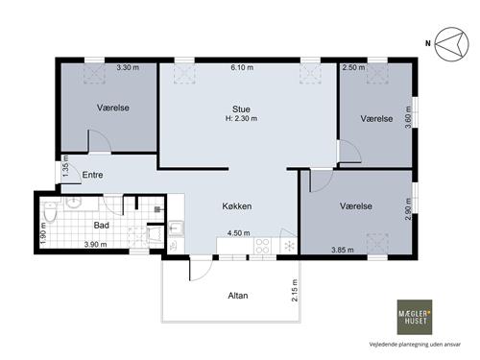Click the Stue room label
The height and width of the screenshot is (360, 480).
coord(241,108)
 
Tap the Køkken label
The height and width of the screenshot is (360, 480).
coord(237,206)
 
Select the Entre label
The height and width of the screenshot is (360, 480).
coord(92,175)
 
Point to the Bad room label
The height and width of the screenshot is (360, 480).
coord(102,226)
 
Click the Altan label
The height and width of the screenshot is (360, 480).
coord(238,296)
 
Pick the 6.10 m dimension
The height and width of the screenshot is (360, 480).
coord(242,67)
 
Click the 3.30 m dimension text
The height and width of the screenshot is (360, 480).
coord(128,67)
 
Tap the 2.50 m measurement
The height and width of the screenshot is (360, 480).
coord(353,67)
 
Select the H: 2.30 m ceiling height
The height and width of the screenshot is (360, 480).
coord(241,118)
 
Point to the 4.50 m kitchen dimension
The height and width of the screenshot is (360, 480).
coord(239,233)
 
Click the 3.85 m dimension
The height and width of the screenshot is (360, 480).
coord(343,250)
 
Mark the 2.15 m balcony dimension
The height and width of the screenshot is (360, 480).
coord(295,290)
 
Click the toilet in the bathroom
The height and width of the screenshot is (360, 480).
coord(50,211)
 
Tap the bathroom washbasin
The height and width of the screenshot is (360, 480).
coord(74,202)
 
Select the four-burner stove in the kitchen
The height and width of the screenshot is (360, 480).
coord(262,246)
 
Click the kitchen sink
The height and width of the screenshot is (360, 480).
coord(176,228)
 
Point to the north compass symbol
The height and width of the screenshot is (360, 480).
coord(452,44)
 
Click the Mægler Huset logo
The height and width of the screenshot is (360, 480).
coord(415,317)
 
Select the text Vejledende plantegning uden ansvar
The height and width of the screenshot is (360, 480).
coord(415,345)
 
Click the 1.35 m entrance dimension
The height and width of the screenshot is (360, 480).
coord(65,166)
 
